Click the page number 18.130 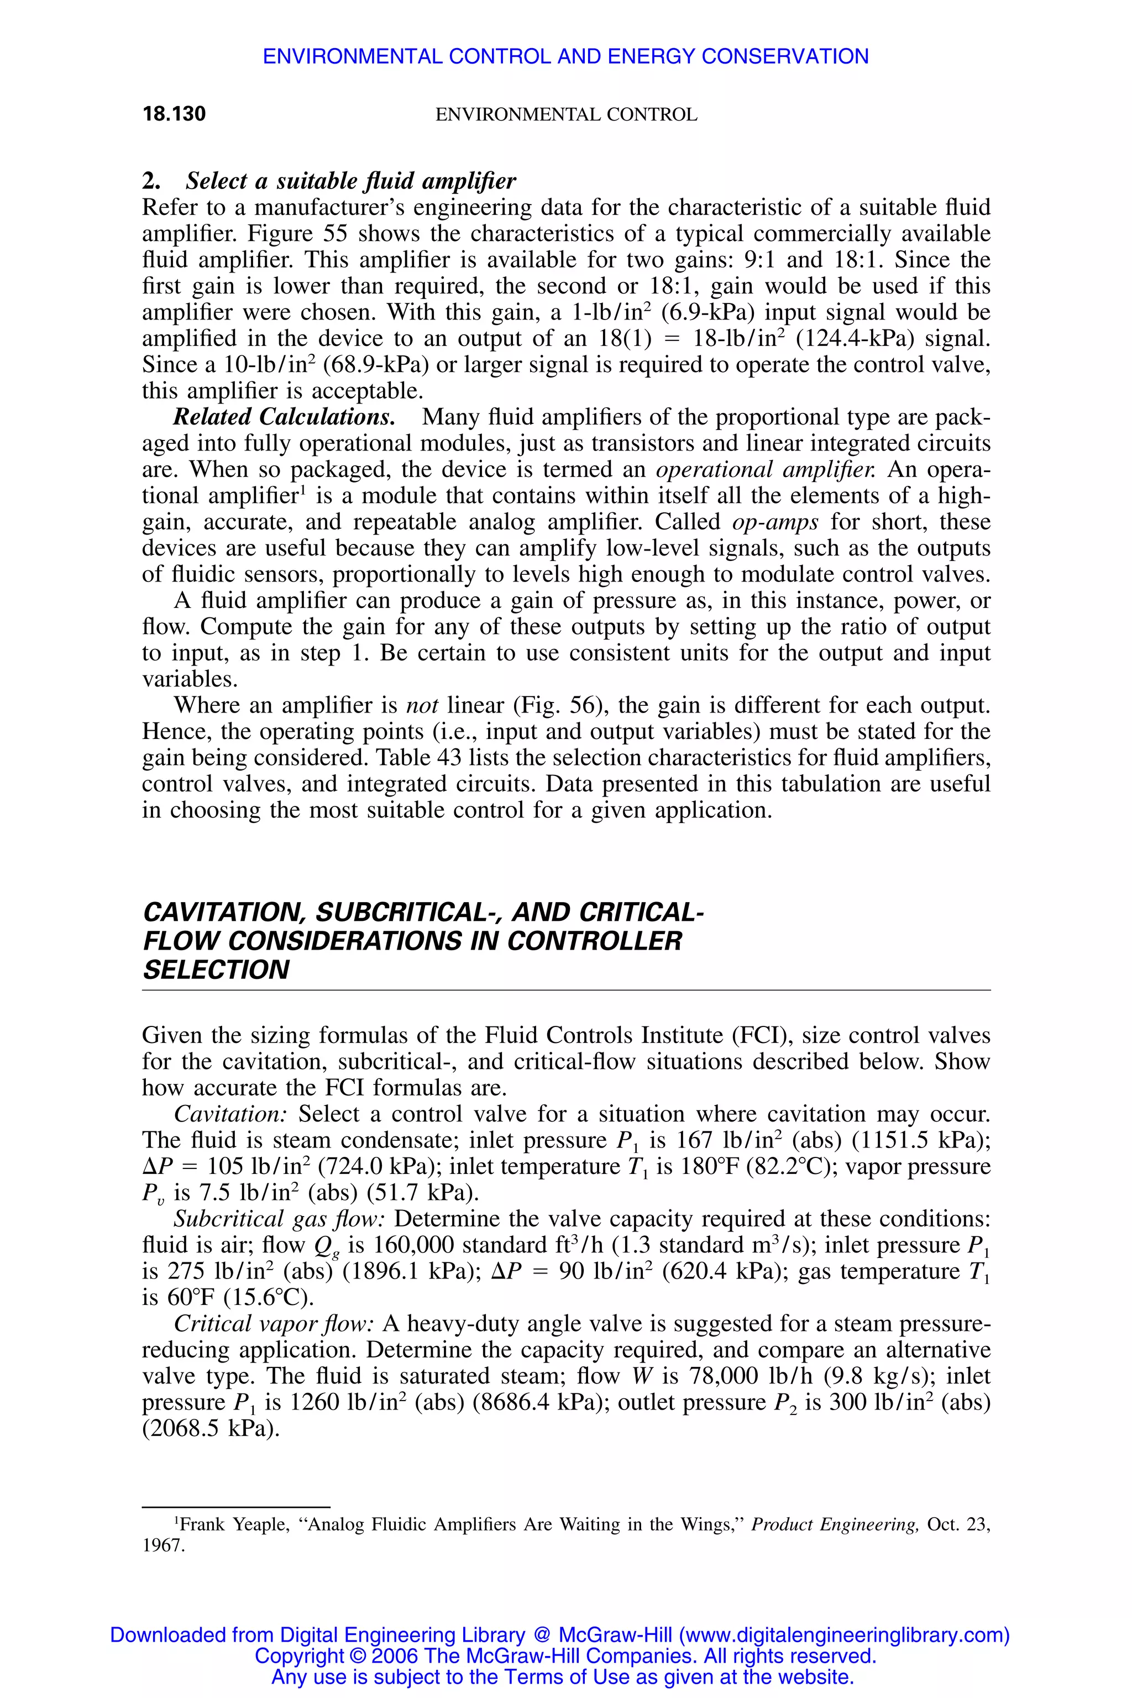(x=174, y=114)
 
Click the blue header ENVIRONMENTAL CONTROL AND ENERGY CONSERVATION (x=565, y=56)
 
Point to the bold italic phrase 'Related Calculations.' (x=284, y=417)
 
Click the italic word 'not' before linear (x=423, y=705)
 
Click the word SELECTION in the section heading (x=216, y=970)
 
